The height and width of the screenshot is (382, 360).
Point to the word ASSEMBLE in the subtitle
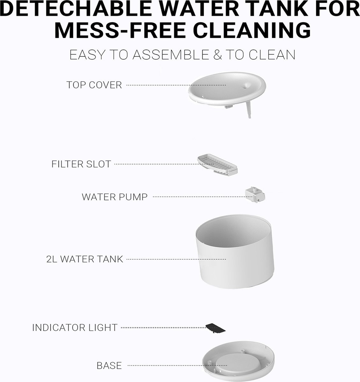pos(170,55)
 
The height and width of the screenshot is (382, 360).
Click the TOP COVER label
pos(94,85)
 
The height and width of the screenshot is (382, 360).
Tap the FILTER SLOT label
pos(81,164)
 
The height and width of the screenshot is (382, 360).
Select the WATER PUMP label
pos(115,197)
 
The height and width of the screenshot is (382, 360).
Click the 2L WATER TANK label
pos(84,259)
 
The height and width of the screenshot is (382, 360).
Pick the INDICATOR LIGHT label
pos(75,328)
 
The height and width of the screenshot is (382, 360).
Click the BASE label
pos(109,365)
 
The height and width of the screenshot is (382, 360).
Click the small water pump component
pos(255,195)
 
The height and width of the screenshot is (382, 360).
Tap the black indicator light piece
pos(215,328)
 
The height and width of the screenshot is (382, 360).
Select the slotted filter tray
pos(217,165)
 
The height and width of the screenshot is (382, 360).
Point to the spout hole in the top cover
pos(246,86)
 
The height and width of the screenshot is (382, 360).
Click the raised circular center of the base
pos(236,364)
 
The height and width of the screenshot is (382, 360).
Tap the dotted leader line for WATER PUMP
pos(203,197)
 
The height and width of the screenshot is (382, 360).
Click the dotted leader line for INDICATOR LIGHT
pos(164,327)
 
